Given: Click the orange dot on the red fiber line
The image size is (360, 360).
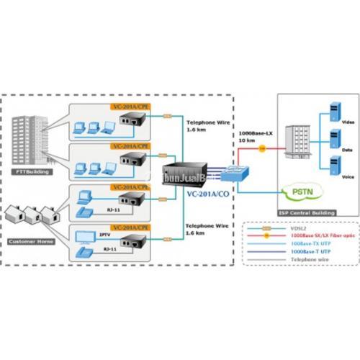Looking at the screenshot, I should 262,148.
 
